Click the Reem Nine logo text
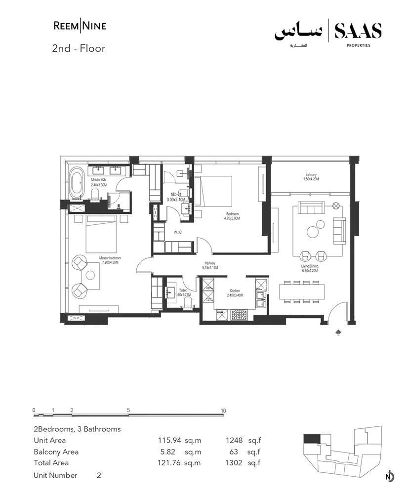[80, 26]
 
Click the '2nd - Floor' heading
[79, 49]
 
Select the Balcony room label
[311, 177]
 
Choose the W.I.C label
[178, 232]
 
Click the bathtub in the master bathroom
[77, 182]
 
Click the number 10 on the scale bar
[223, 411]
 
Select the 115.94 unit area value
[167, 440]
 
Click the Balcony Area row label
[56, 452]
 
